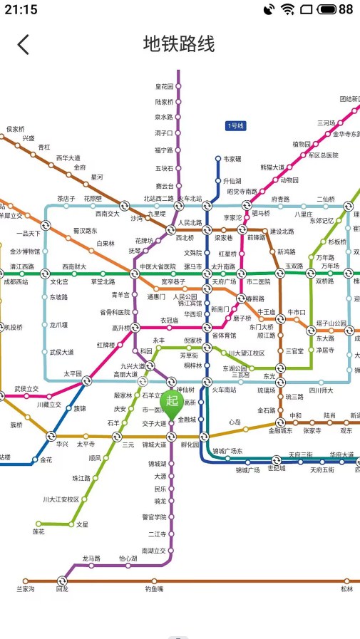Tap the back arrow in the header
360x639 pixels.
pos(24,44)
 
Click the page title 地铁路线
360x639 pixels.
pos(179,44)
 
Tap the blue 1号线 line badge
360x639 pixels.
pos(235,126)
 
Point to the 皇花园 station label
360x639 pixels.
pos(164,87)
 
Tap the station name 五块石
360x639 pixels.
pos(164,169)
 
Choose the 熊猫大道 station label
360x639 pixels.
pos(272,167)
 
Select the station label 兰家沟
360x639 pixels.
pos(26,589)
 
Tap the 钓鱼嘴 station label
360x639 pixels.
pos(155,589)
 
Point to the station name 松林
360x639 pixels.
pos(346,589)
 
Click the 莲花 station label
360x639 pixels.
pos(38,531)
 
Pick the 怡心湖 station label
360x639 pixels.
pos(128,559)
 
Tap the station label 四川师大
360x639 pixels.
pos(321,390)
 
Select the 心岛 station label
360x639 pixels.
pos(235,422)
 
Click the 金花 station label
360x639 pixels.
pos(46,460)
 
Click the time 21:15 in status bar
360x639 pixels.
pos(21,9)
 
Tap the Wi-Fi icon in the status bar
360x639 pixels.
pos(287,9)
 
